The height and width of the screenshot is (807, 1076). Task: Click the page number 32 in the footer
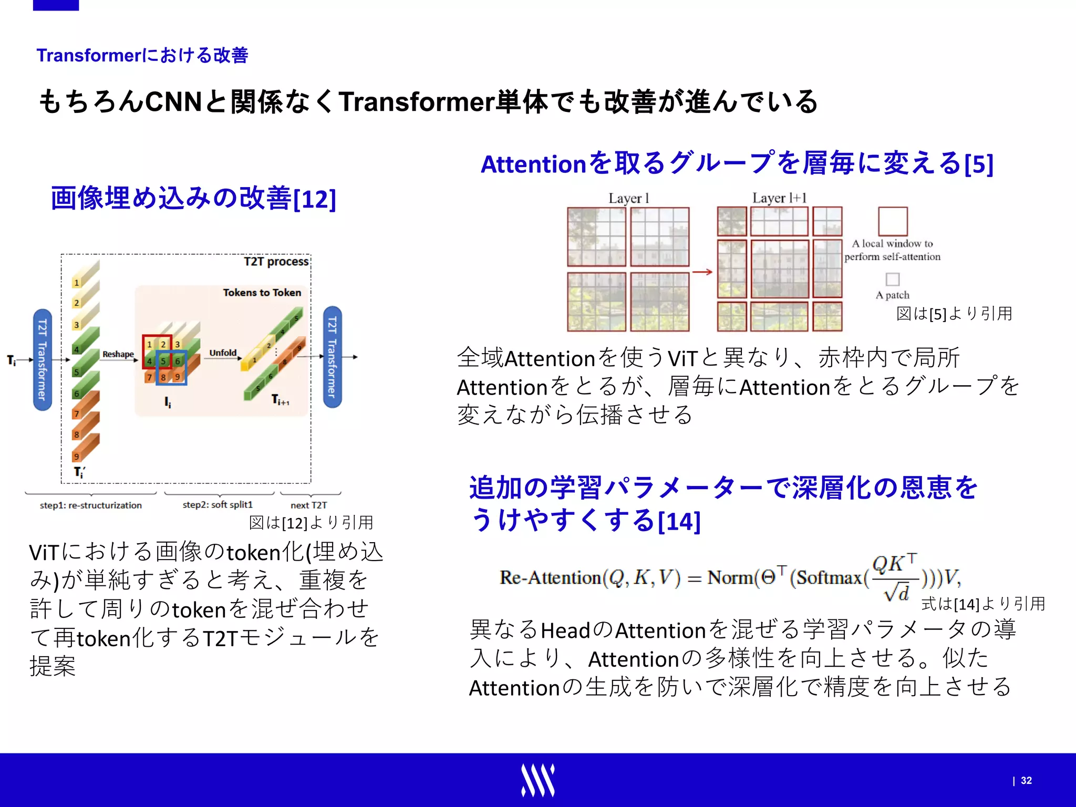tap(1026, 781)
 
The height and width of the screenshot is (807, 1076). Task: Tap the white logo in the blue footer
tap(537, 780)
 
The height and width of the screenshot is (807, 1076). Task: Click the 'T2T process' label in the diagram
tap(276, 262)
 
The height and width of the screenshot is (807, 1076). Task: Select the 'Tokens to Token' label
tap(262, 293)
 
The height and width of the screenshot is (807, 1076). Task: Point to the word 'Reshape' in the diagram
tap(118, 354)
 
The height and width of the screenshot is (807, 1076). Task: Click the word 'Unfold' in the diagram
tap(223, 353)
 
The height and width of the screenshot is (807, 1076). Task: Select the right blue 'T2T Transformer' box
tap(332, 357)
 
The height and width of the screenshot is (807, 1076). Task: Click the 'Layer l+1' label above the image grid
tap(779, 198)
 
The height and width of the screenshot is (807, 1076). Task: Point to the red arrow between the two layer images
tap(702, 272)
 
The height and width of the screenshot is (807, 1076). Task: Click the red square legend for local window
tap(893, 221)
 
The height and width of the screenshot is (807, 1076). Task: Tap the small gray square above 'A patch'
tap(892, 279)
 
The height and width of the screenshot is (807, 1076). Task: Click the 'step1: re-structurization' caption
tap(91, 505)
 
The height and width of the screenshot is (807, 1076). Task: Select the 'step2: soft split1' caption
tap(218, 505)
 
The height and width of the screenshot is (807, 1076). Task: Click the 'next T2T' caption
tap(308, 505)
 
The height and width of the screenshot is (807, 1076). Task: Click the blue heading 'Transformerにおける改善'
tap(142, 55)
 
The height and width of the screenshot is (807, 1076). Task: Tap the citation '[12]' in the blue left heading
tap(314, 200)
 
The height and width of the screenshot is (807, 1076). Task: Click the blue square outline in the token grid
tap(171, 368)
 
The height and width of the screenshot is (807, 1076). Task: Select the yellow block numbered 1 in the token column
tap(77, 283)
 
